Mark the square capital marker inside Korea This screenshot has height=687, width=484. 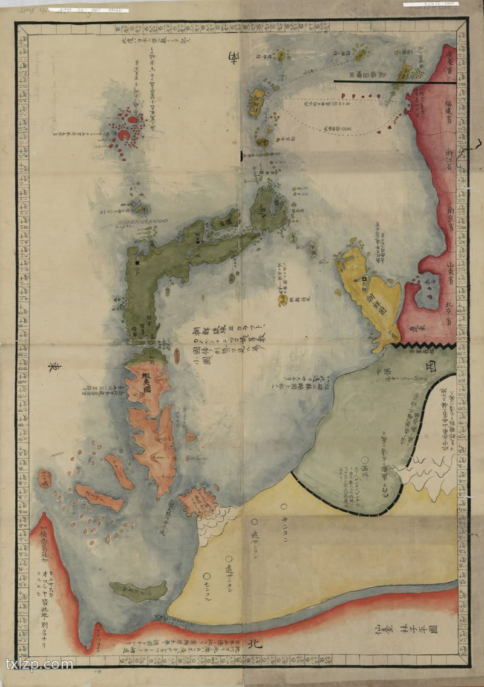pyautogui.click(x=365, y=279)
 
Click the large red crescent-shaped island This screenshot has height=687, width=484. pyautogui.click(x=126, y=136)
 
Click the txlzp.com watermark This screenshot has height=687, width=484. pyautogui.click(x=39, y=665)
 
